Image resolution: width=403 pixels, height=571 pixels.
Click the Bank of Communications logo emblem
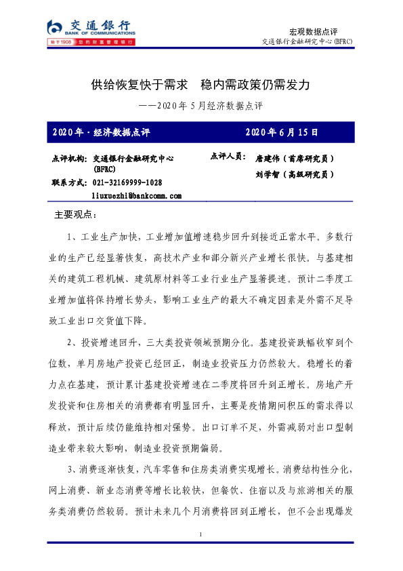(54, 26)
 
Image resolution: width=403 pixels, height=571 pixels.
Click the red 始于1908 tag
(62, 42)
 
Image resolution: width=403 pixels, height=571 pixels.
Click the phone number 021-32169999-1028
(127, 183)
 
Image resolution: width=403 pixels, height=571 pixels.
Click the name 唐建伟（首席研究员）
(295, 158)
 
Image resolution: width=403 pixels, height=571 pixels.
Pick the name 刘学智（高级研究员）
(295, 174)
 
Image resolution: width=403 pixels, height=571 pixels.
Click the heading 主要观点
(75, 216)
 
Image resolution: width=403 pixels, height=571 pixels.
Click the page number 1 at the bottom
(201, 536)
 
